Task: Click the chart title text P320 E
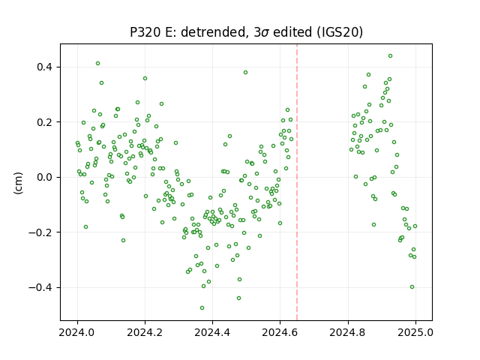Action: pos(151,32)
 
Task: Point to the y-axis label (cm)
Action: pos(18,183)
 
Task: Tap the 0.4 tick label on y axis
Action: pos(44,67)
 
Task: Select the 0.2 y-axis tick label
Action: pos(44,122)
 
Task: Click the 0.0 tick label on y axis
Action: pos(44,177)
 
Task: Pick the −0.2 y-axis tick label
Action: pos(40,232)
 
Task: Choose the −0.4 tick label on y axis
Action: pos(40,287)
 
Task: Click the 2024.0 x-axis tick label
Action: pos(77,332)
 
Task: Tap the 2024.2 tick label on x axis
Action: pos(145,332)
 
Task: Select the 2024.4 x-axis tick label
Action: pos(212,332)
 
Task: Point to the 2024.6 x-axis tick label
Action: pos(280,332)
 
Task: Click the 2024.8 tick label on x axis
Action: pos(348,332)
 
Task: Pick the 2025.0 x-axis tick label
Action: pos(415,332)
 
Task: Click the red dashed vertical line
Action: pos(297,182)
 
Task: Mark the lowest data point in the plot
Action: pos(202,307)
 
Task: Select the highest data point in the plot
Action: pos(390,55)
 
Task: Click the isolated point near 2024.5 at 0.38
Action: pos(245,72)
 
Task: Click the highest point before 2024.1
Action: pos(98,63)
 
